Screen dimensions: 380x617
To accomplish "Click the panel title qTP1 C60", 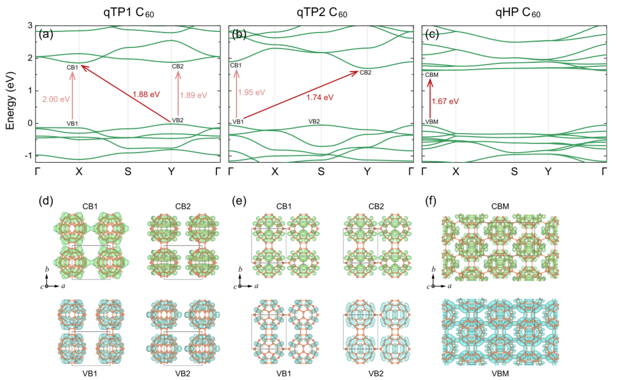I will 128,11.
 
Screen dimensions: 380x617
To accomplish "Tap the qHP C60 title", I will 513,11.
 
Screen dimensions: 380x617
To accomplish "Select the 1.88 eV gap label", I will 146,95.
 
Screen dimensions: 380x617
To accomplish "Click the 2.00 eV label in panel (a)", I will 55,99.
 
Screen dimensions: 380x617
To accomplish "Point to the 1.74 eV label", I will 319,97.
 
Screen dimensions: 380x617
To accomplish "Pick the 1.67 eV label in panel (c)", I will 446,101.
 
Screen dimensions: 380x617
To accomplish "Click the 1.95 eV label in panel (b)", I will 252,92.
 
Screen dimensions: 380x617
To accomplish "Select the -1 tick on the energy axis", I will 28,155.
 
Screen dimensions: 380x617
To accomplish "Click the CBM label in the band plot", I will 431,75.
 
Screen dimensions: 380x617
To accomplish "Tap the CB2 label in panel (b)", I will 365,72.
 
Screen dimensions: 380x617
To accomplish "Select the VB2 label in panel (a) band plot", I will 178,120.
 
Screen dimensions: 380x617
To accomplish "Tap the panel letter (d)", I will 46,201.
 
